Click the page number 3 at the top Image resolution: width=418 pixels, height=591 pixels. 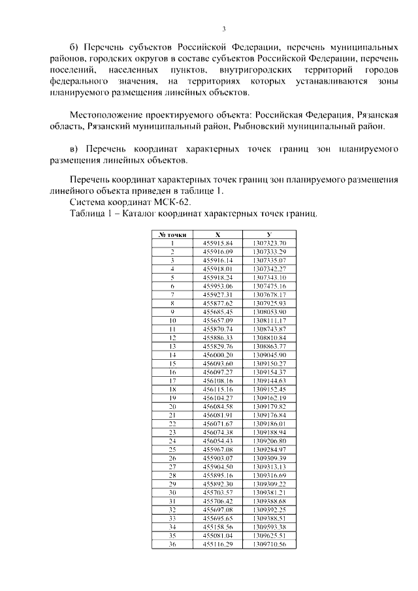(223, 29)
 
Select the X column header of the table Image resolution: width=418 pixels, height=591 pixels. (217, 234)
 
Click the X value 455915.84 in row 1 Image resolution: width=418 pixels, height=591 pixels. (217, 243)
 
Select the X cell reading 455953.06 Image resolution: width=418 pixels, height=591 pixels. (217, 286)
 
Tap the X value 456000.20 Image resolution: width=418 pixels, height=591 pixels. (217, 355)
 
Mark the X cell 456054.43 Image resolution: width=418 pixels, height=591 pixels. (217, 440)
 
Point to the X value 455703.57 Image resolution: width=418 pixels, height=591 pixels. (217, 492)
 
